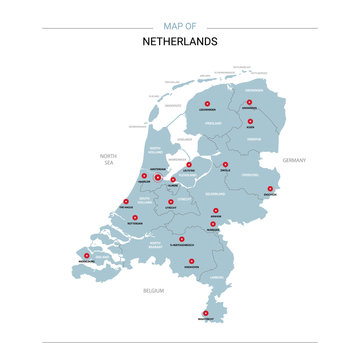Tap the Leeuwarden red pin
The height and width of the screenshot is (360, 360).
(x=207, y=103)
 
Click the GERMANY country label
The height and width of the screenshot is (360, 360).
(x=294, y=161)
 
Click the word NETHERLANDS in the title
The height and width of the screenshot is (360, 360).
(x=179, y=42)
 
